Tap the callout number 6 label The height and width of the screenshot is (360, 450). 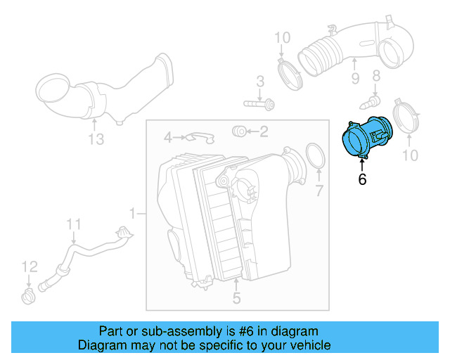(x=362, y=179)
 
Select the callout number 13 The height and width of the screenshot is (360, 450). (x=96, y=139)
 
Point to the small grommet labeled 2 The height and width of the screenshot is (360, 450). (x=238, y=131)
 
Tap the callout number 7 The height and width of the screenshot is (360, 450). (x=319, y=190)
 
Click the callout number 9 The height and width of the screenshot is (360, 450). (x=355, y=79)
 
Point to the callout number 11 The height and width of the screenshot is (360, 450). (x=74, y=224)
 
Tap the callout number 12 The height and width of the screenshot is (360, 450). (x=27, y=267)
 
